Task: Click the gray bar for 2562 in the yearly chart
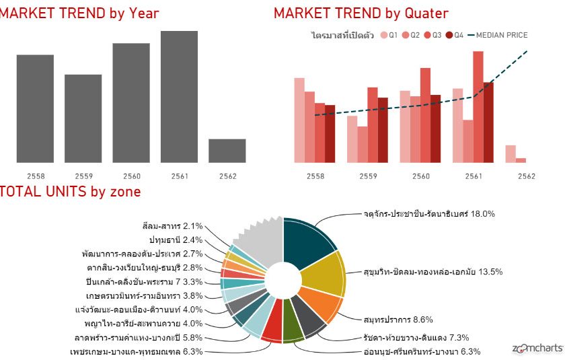pyautogui.click(x=227, y=151)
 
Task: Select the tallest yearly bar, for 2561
pyautogui.click(x=179, y=97)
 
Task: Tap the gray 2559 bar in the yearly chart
pyautogui.click(x=83, y=118)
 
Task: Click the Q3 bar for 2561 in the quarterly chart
pyautogui.click(x=478, y=107)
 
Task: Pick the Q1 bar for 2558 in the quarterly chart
pyautogui.click(x=299, y=120)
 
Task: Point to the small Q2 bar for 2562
pyautogui.click(x=521, y=160)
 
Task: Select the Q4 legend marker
pyautogui.click(x=449, y=35)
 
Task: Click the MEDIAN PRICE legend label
pyautogui.click(x=502, y=35)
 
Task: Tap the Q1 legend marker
pyautogui.click(x=384, y=35)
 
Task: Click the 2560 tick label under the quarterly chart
pyautogui.click(x=421, y=176)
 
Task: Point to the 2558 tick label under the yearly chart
pyautogui.click(x=36, y=176)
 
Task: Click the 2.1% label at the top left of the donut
pyautogui.click(x=193, y=226)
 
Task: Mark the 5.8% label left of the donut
pyautogui.click(x=193, y=338)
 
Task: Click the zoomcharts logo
pyautogui.click(x=537, y=348)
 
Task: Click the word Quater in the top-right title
pyautogui.click(x=426, y=13)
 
